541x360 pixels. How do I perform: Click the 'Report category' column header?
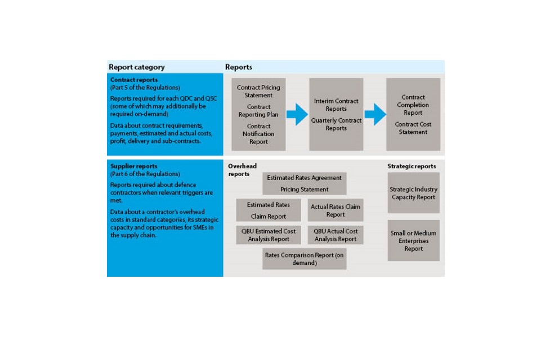click(136, 67)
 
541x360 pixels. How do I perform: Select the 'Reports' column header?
click(239, 67)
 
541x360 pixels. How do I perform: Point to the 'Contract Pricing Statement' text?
click(258, 92)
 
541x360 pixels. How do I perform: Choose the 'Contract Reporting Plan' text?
click(258, 111)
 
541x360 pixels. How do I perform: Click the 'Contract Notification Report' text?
click(258, 134)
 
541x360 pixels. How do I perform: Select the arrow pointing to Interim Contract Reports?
click(297, 114)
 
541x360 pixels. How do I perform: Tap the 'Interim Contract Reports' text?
click(336, 105)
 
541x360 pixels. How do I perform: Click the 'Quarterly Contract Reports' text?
click(336, 124)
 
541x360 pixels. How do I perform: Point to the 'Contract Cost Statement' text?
click(413, 128)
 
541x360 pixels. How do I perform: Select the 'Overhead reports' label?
click(238, 170)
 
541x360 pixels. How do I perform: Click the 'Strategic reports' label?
click(412, 166)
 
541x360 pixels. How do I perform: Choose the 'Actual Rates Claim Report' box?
click(336, 210)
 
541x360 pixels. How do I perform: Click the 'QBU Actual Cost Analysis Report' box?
click(336, 235)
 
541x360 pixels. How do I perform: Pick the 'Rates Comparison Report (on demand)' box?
click(304, 259)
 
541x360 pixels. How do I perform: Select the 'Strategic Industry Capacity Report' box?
click(414, 193)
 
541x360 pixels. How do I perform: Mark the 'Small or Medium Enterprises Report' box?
click(414, 241)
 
